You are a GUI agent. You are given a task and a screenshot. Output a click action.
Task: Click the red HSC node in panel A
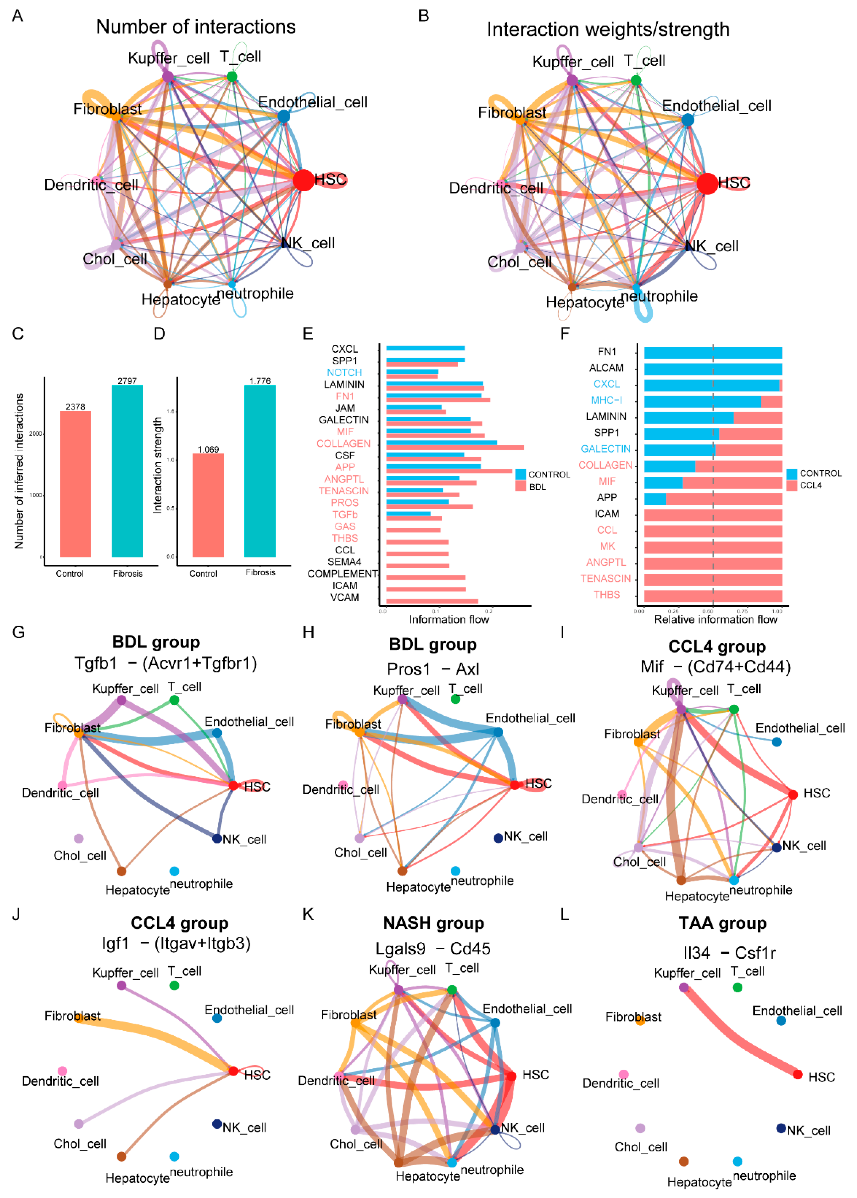[303, 180]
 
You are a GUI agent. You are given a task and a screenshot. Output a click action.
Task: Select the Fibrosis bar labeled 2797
[127, 470]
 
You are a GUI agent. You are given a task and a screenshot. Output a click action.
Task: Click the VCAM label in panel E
[345, 597]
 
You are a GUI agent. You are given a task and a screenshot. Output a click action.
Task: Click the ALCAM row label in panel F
[606, 367]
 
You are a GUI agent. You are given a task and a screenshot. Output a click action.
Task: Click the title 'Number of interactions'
[196, 27]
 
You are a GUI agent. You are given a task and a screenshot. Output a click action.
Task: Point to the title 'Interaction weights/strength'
[608, 29]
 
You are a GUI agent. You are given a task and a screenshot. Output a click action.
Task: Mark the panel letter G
[18, 632]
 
